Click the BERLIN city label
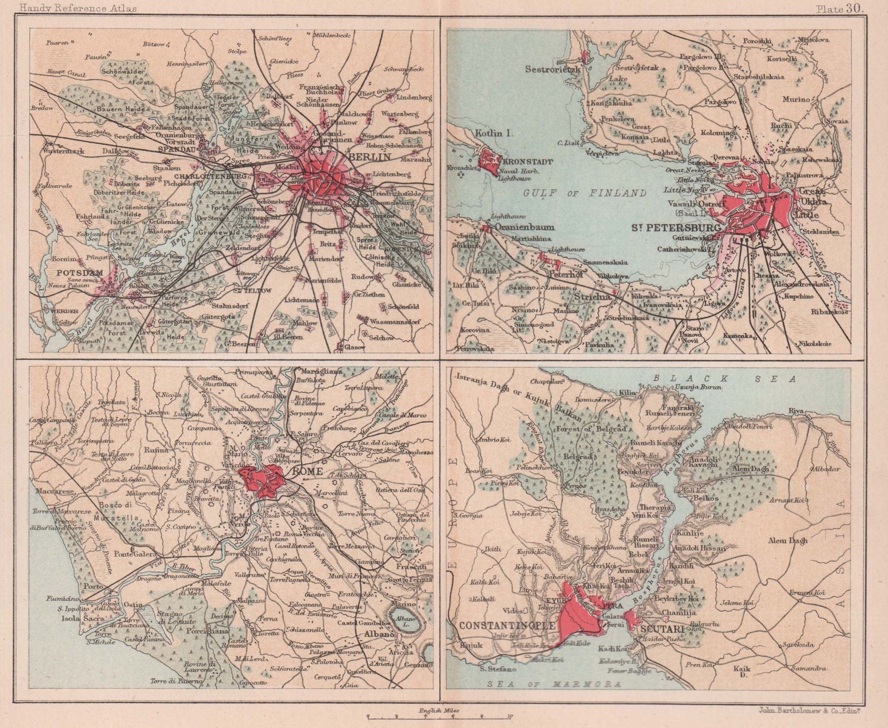[x=365, y=158]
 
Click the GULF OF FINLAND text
[x=586, y=193]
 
